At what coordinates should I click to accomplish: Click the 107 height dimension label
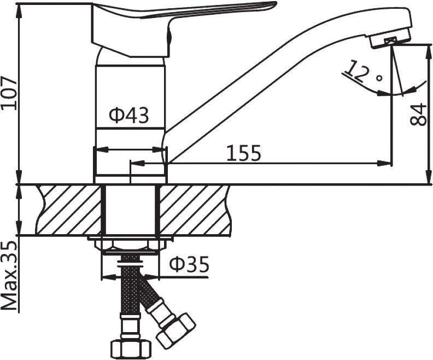[x=9, y=94]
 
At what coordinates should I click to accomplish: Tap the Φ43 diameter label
[x=128, y=115]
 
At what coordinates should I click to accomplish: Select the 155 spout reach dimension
[x=244, y=153]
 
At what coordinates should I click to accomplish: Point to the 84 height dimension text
[x=418, y=114]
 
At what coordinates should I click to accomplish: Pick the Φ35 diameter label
[x=189, y=264]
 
